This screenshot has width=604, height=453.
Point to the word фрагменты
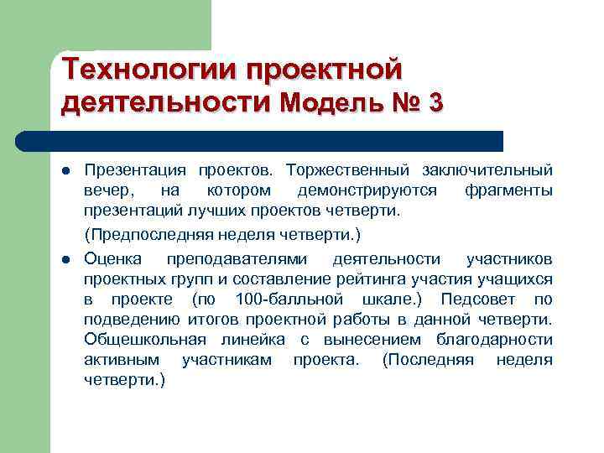pos(508,190)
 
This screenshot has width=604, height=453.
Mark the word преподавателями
pos(237,257)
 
